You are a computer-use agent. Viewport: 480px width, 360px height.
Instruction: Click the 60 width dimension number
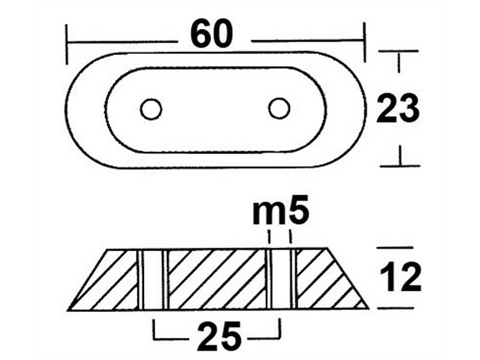point(211,35)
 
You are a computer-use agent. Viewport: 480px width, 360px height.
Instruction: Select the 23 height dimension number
point(398,109)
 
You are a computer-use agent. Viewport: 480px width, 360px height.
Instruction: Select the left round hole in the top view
point(151,109)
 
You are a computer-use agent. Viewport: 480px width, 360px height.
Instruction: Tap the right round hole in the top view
point(278,109)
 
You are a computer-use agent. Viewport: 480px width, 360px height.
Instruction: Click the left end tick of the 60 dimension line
point(67,43)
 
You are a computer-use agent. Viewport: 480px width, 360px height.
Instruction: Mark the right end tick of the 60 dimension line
point(364,42)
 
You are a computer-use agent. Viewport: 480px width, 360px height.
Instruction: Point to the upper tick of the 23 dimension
point(398,52)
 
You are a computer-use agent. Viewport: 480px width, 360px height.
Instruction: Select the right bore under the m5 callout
point(280,279)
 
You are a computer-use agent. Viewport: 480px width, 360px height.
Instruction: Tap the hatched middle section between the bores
point(216,279)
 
